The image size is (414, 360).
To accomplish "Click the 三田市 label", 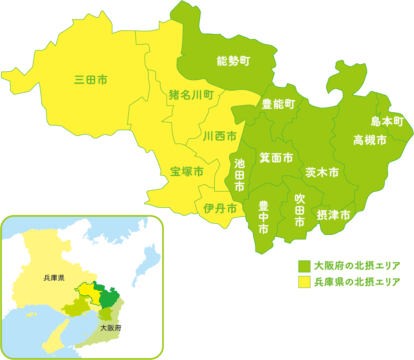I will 91,80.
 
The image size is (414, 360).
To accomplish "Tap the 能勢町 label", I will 233,61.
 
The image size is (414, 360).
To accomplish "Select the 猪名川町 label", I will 191,95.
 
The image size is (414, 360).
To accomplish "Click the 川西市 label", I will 220,136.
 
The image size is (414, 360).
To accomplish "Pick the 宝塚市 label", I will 187,172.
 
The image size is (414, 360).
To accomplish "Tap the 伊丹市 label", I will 220,208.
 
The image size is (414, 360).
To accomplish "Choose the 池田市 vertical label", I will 239,175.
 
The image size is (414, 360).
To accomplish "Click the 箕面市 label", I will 276,158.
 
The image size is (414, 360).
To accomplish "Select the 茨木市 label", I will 322,172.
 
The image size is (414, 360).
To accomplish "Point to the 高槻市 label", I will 370,140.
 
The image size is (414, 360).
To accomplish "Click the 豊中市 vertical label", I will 264,217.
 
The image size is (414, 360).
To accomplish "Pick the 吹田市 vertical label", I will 299,210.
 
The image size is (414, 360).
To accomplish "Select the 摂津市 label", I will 333,215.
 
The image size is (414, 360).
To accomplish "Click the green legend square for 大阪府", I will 304,266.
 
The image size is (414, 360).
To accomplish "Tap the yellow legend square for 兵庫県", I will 304,282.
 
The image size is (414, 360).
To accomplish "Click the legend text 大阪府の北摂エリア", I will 357,266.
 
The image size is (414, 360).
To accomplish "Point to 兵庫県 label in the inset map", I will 54,278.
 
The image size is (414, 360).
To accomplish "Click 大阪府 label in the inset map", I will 111,328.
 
